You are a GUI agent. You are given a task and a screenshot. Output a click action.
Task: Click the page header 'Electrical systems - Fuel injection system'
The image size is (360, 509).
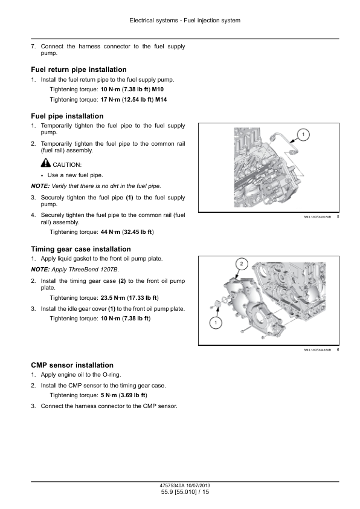pos(185,21)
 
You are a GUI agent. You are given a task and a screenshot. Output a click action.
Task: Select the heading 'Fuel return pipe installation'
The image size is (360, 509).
pos(79,70)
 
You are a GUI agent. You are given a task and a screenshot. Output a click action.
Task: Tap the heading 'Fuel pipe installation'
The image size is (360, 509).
pos(67,116)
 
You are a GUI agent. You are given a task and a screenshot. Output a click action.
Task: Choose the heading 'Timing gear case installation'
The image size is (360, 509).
pos(81,249)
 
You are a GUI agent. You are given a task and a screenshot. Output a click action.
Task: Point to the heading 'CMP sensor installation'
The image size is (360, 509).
pos(72,365)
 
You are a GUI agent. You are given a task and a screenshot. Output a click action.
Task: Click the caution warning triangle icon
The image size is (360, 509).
pos(46,162)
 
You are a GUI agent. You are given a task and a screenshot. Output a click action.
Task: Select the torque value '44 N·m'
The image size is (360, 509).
pos(111,232)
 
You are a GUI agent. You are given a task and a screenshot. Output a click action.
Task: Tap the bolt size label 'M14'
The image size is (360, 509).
pos(161,100)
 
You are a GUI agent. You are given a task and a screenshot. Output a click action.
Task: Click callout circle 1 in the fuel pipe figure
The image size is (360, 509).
pos(303,135)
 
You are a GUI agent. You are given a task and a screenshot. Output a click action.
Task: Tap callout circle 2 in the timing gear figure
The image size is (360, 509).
pos(241,264)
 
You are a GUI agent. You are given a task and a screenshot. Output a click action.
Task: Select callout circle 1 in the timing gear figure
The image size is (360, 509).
pos(216,323)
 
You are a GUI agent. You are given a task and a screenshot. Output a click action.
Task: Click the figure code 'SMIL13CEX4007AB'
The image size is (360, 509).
pos(317,217)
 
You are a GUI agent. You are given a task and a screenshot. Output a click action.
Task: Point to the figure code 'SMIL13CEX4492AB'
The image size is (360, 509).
pos(317,350)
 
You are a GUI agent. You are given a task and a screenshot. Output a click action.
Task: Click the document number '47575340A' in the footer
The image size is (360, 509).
pos(172,485)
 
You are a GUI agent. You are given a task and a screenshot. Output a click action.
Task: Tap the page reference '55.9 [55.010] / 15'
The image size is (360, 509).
pos(185,492)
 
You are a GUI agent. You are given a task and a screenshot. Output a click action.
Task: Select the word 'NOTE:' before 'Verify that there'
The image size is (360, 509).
pos(40,186)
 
